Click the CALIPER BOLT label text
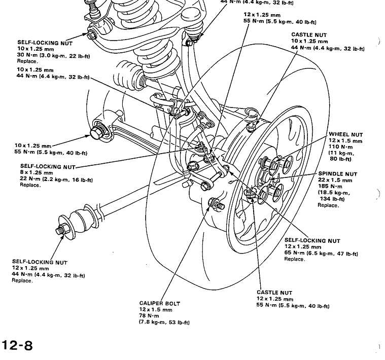(159, 303)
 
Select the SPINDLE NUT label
(337, 174)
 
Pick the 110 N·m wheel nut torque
(343, 147)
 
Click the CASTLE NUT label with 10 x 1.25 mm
(309, 34)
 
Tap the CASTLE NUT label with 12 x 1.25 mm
(274, 293)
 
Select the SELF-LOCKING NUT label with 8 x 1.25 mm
(47, 166)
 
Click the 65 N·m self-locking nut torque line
(321, 253)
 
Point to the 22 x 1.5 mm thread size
(335, 180)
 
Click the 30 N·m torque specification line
(53, 55)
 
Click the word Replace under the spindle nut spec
(328, 205)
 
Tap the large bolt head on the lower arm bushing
(96, 133)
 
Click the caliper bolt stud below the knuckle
(215, 205)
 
